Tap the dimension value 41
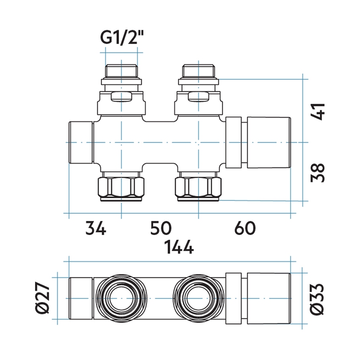click(x=318, y=111)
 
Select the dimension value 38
click(x=318, y=172)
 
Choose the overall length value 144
click(x=180, y=247)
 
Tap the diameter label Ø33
click(x=318, y=299)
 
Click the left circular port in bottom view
click(x=121, y=299)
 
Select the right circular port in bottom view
click(x=198, y=299)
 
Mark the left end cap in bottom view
click(x=81, y=299)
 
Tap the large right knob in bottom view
click(x=269, y=299)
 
